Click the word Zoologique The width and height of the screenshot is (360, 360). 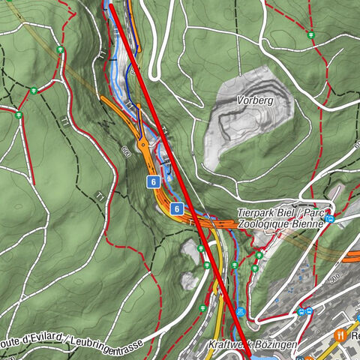[264, 223]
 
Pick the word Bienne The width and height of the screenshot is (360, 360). [307, 223]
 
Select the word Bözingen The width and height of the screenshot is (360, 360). [277, 344]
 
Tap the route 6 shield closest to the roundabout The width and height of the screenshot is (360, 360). [152, 181]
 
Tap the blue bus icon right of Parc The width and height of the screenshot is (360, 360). [329, 218]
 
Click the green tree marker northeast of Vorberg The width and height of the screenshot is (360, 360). [310, 34]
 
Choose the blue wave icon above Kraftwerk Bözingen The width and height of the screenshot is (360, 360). [240, 311]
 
